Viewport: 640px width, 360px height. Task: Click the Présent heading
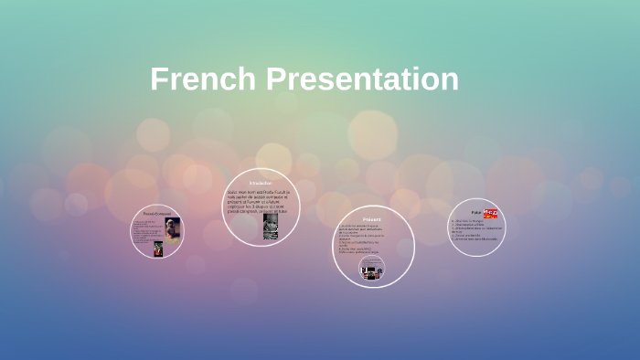pyautogui.click(x=371, y=220)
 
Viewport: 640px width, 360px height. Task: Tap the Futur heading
pyautogui.click(x=476, y=212)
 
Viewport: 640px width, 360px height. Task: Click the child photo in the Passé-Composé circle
pyautogui.click(x=172, y=229)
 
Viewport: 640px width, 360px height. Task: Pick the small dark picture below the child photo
pyautogui.click(x=158, y=248)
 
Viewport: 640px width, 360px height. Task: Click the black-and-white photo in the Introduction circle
pyautogui.click(x=271, y=226)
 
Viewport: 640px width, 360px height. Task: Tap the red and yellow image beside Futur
pyautogui.click(x=490, y=214)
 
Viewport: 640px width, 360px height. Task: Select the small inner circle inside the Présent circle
pyautogui.click(x=371, y=268)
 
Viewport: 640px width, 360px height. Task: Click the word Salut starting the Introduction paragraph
pyautogui.click(x=233, y=192)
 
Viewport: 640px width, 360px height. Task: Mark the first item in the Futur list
pyautogui.click(x=467, y=220)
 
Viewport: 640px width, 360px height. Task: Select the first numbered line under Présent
pyautogui.click(x=368, y=226)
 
